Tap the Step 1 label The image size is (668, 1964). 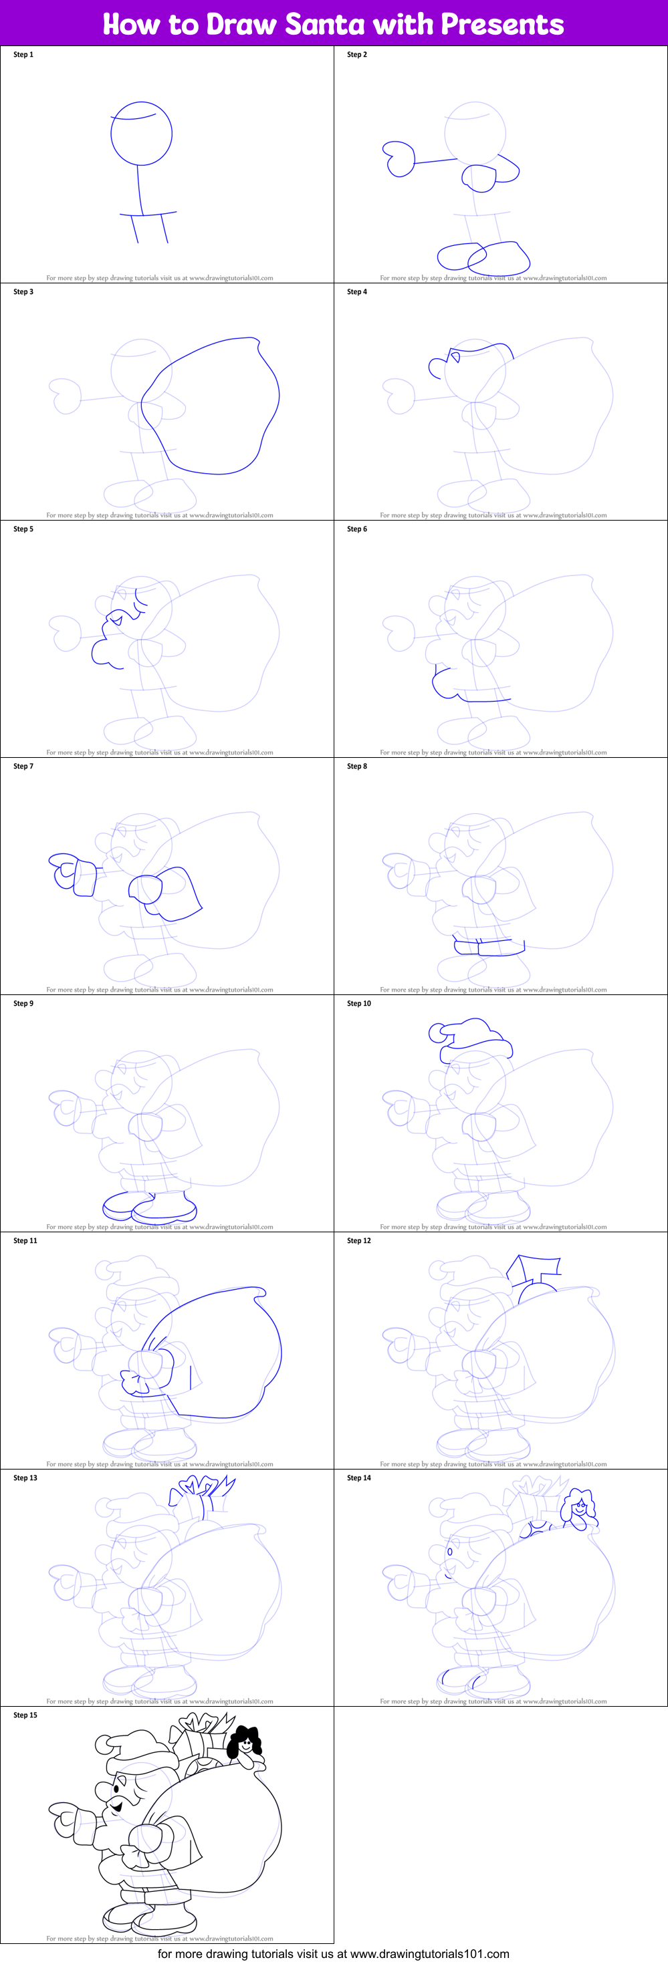point(23,55)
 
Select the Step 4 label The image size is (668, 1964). point(357,292)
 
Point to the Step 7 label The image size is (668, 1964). point(23,766)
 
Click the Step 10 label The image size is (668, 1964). point(359,1003)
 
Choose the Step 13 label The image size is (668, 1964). point(25,1478)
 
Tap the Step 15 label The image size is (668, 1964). point(25,1715)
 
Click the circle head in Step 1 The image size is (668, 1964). point(141,134)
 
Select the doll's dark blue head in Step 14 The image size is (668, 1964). point(580,1506)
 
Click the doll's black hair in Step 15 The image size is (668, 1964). point(246,1739)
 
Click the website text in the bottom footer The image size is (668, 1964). point(333,1954)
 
